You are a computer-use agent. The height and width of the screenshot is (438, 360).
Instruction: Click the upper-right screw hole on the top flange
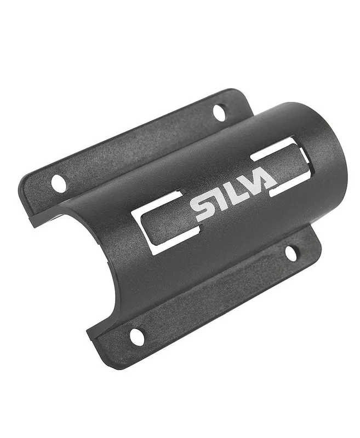pos(219,112)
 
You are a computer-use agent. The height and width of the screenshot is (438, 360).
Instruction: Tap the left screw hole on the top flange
pos(59,183)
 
